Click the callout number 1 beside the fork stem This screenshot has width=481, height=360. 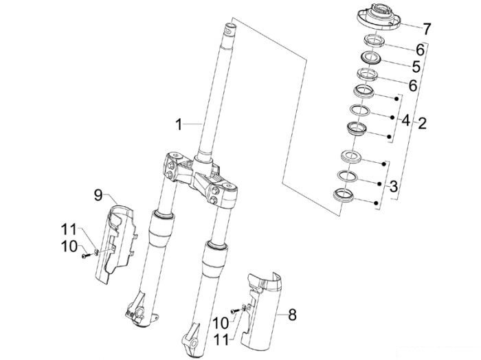179,124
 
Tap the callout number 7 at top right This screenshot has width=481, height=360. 427,29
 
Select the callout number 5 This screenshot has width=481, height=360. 416,67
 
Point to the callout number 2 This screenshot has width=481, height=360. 422,123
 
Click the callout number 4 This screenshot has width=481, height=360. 405,120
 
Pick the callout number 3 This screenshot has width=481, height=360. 394,186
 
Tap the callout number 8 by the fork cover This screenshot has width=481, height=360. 292,315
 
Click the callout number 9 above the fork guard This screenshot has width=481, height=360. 98,195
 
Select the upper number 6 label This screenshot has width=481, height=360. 420,49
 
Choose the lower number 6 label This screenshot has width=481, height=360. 413,86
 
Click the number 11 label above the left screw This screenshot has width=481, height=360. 69,229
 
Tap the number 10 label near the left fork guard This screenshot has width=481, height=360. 69,246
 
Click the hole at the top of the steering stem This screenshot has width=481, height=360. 229,31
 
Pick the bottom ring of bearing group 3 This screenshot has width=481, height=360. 344,195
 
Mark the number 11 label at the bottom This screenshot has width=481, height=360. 221,340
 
